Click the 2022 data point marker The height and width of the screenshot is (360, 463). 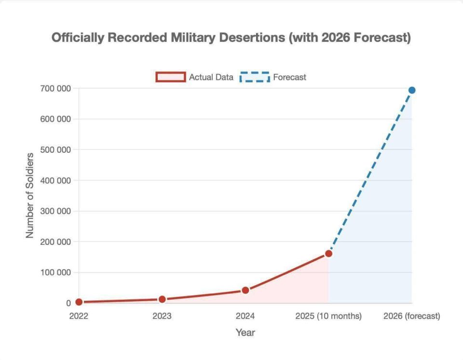pyautogui.click(x=79, y=302)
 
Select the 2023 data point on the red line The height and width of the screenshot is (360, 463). pyautogui.click(x=162, y=299)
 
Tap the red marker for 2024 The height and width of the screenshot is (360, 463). pyautogui.click(x=245, y=290)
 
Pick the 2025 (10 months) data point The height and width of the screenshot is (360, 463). pyautogui.click(x=328, y=253)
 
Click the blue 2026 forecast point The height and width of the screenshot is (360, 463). pyautogui.click(x=412, y=90)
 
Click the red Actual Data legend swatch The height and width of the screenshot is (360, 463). pyautogui.click(x=170, y=77)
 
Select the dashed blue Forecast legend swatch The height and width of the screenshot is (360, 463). pyautogui.click(x=254, y=77)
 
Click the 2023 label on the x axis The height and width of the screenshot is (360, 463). pyautogui.click(x=162, y=317)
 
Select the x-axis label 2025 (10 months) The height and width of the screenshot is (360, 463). pyautogui.click(x=328, y=317)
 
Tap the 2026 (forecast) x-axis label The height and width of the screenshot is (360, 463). pyautogui.click(x=411, y=317)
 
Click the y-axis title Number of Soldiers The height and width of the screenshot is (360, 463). pyautogui.click(x=30, y=195)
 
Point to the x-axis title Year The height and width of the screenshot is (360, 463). pyautogui.click(x=245, y=333)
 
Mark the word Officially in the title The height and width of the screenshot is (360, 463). pyautogui.click(x=77, y=38)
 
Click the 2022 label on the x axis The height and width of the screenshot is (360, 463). pyautogui.click(x=79, y=317)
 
